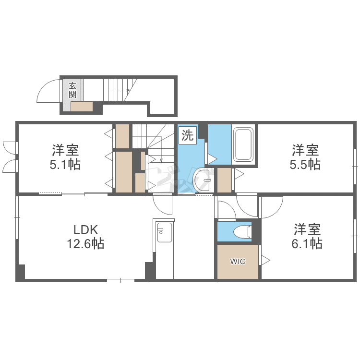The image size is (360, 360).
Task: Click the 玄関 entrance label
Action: tap(72, 90)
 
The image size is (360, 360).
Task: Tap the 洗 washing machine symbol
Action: tap(188, 135)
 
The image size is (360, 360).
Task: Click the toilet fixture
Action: tap(242, 231)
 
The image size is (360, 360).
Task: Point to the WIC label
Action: tap(238, 261)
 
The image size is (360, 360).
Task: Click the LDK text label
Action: tap(85, 229)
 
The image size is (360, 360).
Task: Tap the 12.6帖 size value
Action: tap(85, 243)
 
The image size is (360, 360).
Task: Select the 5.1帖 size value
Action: tap(65, 164)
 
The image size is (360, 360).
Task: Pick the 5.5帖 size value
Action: tap(305, 164)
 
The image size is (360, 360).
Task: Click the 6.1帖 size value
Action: tap(307, 243)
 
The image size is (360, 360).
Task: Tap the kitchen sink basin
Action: tap(164, 232)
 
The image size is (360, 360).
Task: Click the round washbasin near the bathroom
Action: tap(202, 180)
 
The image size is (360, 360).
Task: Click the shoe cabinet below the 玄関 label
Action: tap(82, 107)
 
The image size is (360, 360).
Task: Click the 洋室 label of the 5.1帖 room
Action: tap(65, 150)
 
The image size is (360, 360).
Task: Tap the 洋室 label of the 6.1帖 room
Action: tap(307, 229)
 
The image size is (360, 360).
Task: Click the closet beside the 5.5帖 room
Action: tap(224, 180)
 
